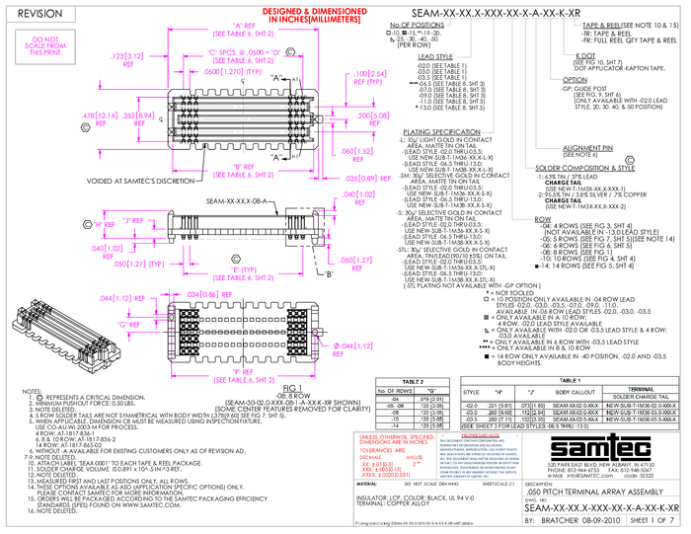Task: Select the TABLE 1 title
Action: coord(570,380)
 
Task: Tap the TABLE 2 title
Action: coord(413,381)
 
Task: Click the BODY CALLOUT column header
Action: coord(576,392)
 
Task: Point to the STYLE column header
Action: coord(471,392)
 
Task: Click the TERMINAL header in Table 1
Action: coord(641,388)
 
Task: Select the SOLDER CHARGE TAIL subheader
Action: coord(641,396)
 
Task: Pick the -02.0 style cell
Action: coord(471,405)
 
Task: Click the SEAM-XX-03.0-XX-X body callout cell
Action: coord(576,413)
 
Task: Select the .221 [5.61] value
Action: coord(499,405)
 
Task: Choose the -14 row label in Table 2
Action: coord(395,425)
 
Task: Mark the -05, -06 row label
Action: coord(395,405)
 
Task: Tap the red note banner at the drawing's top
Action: coord(315,17)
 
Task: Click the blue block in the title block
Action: coord(479,455)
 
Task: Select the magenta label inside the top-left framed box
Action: coord(44,45)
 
